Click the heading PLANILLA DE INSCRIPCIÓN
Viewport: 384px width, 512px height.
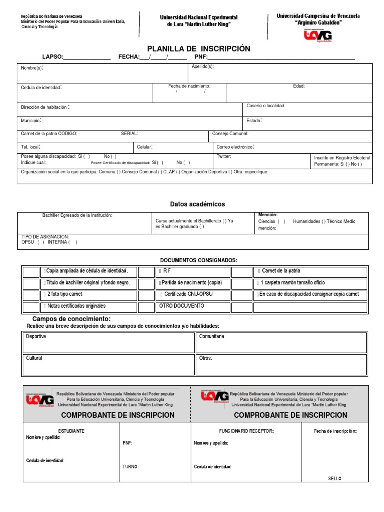(198, 49)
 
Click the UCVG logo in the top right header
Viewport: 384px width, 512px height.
(318, 35)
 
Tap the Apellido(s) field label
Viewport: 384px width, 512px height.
(203, 66)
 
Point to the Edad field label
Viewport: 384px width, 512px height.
(299, 86)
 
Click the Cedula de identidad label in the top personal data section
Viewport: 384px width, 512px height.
(41, 88)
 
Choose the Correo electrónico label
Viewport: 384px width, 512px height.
(235, 147)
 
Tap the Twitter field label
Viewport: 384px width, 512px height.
(224, 156)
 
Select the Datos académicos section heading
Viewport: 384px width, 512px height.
(197, 204)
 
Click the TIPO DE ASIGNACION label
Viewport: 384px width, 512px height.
(45, 236)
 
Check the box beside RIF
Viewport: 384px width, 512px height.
(146, 271)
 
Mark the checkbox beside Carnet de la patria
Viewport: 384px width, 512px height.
(242, 271)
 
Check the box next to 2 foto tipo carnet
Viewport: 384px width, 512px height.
(31, 295)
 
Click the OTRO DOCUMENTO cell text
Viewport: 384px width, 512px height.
(181, 305)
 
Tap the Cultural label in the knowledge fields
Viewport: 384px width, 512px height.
(34, 358)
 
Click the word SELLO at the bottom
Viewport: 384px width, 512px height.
(334, 478)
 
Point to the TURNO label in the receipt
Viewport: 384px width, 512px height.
(130, 467)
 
